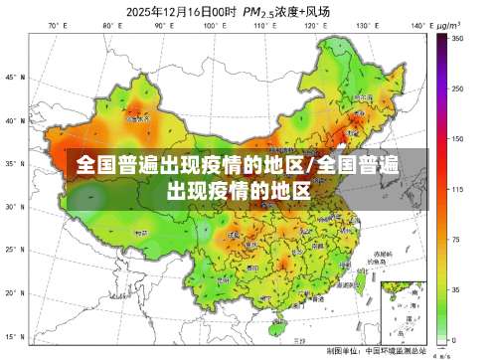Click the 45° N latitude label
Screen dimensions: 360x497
pos(14,77)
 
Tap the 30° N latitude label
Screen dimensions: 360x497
pos(14,207)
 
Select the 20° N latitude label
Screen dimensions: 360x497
pos(14,293)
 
